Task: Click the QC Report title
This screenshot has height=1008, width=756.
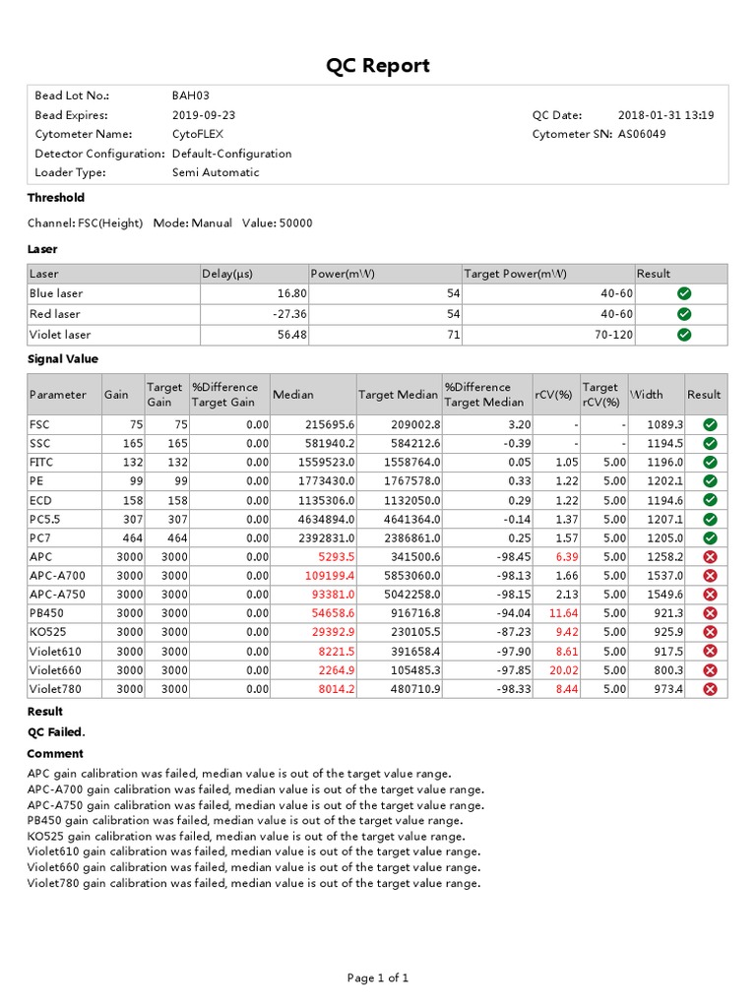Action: pyautogui.click(x=378, y=66)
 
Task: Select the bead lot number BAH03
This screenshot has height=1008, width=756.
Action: pyautogui.click(x=190, y=95)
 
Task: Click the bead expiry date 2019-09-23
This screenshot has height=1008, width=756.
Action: pyautogui.click(x=204, y=115)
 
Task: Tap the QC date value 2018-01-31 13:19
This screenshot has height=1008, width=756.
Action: pyautogui.click(x=666, y=115)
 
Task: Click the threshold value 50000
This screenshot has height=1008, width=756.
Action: pyautogui.click(x=295, y=223)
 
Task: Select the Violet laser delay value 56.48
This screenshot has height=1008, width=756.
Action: pyautogui.click(x=292, y=335)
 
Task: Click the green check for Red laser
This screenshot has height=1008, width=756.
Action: pyautogui.click(x=684, y=314)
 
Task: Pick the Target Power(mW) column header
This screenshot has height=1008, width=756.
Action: pyautogui.click(x=517, y=274)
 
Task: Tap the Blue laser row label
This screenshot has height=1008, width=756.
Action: pyautogui.click(x=56, y=293)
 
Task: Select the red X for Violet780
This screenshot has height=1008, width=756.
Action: pyautogui.click(x=710, y=689)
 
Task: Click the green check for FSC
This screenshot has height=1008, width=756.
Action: pyautogui.click(x=710, y=424)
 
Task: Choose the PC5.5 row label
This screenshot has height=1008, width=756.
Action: pyautogui.click(x=45, y=519)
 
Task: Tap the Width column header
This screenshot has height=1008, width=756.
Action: pyautogui.click(x=647, y=395)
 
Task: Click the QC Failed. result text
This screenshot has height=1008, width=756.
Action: pyautogui.click(x=56, y=731)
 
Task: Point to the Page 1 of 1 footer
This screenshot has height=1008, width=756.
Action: pyautogui.click(x=378, y=977)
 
